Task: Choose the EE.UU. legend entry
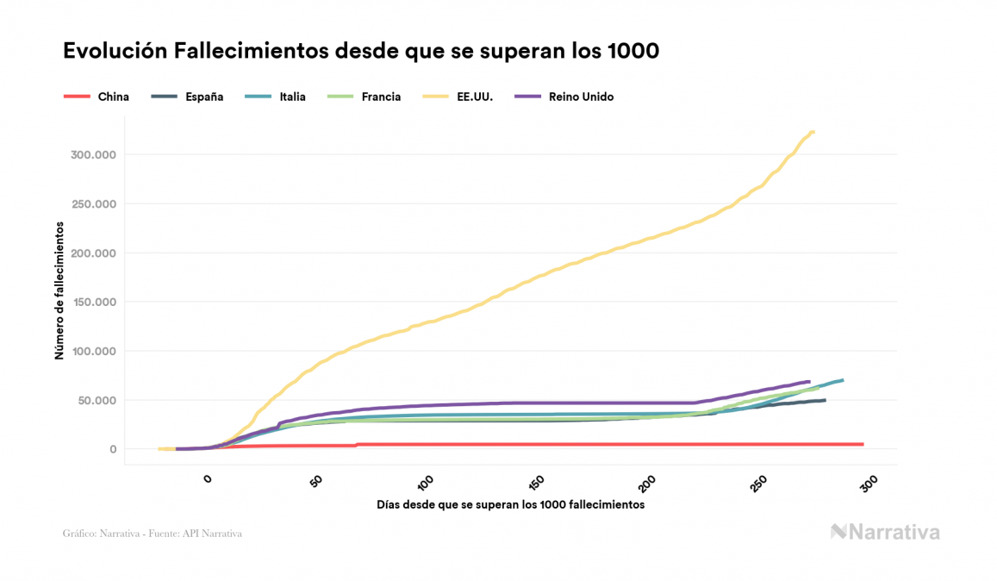click(x=474, y=97)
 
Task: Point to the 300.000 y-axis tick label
click(x=92, y=155)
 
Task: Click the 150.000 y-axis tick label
click(x=92, y=303)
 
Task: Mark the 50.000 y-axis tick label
click(x=96, y=401)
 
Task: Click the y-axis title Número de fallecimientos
click(x=59, y=290)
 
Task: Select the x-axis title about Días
click(x=510, y=504)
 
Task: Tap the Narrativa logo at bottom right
click(x=885, y=532)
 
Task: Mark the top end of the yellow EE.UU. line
click(x=813, y=132)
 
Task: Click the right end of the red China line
click(x=862, y=444)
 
